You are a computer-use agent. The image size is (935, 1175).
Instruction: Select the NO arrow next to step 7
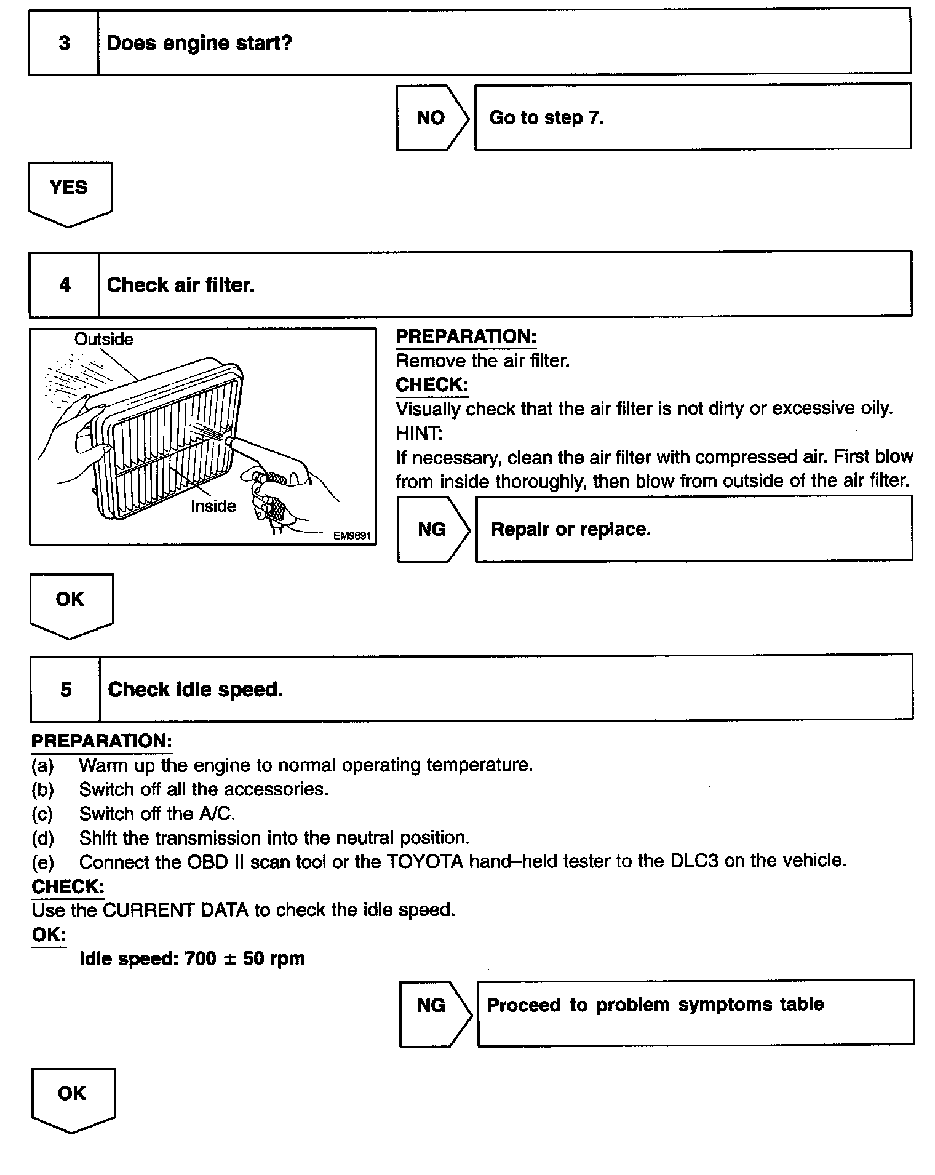(x=431, y=117)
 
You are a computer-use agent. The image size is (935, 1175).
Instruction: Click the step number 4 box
(x=65, y=284)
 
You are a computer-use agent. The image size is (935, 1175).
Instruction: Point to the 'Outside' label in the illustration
(x=103, y=339)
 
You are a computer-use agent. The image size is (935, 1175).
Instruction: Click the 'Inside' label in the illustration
(x=213, y=506)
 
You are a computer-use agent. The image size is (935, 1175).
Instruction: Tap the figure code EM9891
(x=352, y=535)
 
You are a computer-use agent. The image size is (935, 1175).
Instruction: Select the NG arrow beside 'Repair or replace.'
(x=432, y=529)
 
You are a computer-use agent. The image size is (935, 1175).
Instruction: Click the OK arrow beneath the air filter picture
(x=71, y=603)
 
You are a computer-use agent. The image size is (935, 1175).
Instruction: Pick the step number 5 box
(x=66, y=689)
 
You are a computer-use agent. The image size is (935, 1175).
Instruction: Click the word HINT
(x=419, y=433)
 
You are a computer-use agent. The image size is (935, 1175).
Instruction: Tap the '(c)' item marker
(x=42, y=814)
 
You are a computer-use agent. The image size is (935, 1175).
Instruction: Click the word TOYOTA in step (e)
(x=424, y=861)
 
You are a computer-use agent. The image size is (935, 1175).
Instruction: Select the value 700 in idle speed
(x=201, y=958)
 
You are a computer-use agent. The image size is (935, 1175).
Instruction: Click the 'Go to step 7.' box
(x=693, y=117)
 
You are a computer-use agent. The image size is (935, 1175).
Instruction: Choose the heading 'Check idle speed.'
(x=195, y=689)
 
